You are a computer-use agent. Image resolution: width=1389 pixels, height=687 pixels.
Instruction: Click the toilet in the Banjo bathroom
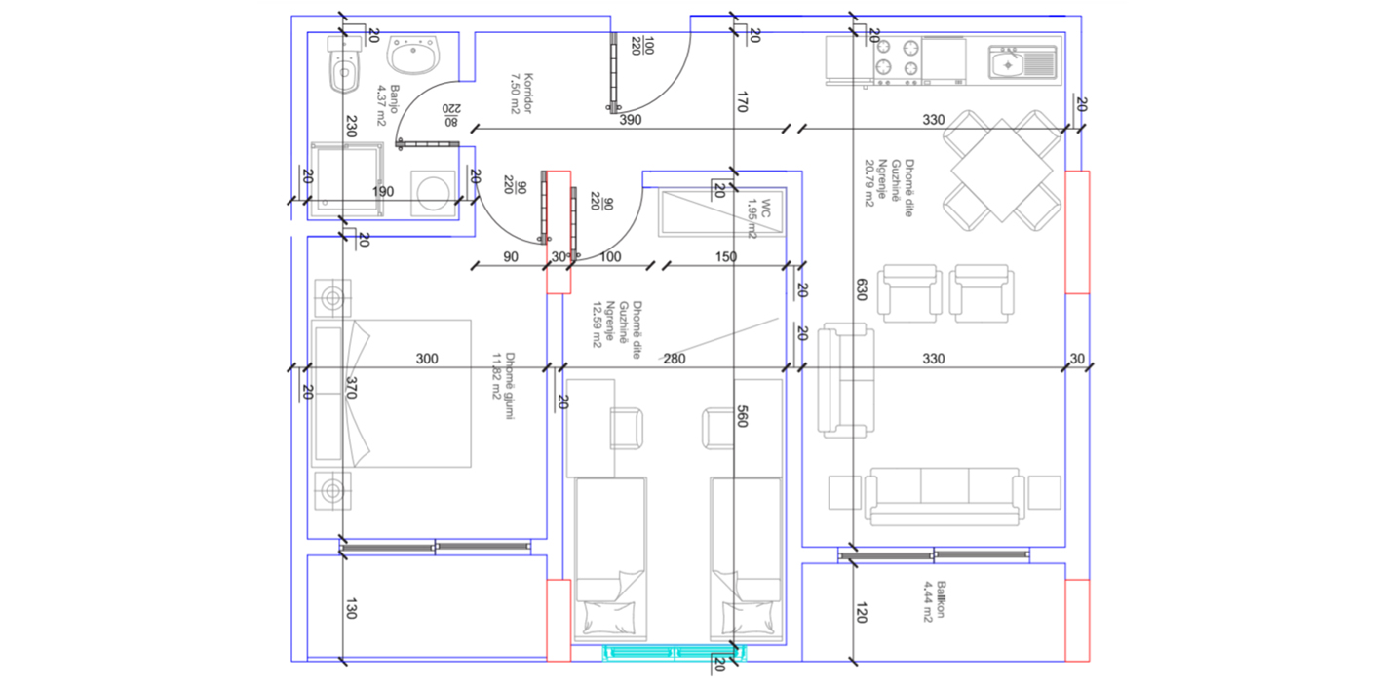click(345, 64)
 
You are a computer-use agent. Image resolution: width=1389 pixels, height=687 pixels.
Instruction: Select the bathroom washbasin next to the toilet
click(413, 55)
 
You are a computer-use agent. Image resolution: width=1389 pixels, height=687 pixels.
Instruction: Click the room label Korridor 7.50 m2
click(521, 93)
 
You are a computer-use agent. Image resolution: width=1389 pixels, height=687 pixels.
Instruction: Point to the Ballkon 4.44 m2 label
click(934, 600)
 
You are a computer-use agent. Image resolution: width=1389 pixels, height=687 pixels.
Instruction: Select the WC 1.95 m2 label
click(759, 218)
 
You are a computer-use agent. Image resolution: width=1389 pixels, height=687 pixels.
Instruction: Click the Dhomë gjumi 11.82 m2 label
click(503, 386)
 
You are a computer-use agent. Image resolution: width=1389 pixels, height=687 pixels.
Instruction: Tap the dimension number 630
click(862, 289)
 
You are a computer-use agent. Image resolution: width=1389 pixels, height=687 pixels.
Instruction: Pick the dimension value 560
click(742, 416)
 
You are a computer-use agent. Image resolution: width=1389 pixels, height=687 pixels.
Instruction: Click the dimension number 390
click(630, 120)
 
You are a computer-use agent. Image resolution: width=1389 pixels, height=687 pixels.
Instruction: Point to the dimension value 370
click(351, 388)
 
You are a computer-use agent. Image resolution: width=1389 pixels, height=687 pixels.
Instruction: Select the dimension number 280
click(675, 359)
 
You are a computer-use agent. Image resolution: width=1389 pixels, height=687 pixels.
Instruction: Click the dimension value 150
click(725, 256)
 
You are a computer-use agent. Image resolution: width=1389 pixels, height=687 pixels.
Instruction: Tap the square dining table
click(1001, 171)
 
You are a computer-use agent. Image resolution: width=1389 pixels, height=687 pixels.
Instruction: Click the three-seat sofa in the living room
click(945, 497)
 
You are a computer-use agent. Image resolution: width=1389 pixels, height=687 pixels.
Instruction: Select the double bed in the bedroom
click(391, 393)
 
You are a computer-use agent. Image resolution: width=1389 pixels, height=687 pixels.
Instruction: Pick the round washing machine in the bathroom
click(433, 192)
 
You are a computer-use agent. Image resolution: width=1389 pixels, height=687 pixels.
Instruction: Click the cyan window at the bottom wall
click(675, 653)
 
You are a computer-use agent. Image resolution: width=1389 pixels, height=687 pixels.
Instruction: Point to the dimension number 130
click(351, 608)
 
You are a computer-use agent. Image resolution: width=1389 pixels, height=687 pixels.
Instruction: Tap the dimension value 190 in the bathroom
click(383, 192)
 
